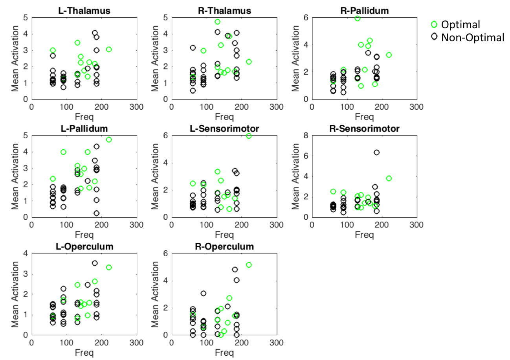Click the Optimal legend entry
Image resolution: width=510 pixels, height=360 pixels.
460,25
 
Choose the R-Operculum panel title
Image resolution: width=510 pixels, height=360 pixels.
224,246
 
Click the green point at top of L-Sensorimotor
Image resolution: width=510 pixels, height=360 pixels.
249,136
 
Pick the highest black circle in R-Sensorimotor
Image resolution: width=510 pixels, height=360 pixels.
376,152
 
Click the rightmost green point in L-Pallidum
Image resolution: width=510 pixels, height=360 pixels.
109,140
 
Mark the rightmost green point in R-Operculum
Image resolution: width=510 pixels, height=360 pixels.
248,265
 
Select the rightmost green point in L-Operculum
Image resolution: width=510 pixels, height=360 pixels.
109,267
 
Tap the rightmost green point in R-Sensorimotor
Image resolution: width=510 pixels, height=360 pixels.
389,178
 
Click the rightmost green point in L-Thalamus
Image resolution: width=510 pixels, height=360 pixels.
109,50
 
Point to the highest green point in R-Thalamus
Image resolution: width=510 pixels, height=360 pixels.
217,22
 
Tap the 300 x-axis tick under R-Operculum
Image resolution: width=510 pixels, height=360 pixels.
277,342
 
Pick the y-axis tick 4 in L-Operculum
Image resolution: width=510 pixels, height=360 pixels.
26,253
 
